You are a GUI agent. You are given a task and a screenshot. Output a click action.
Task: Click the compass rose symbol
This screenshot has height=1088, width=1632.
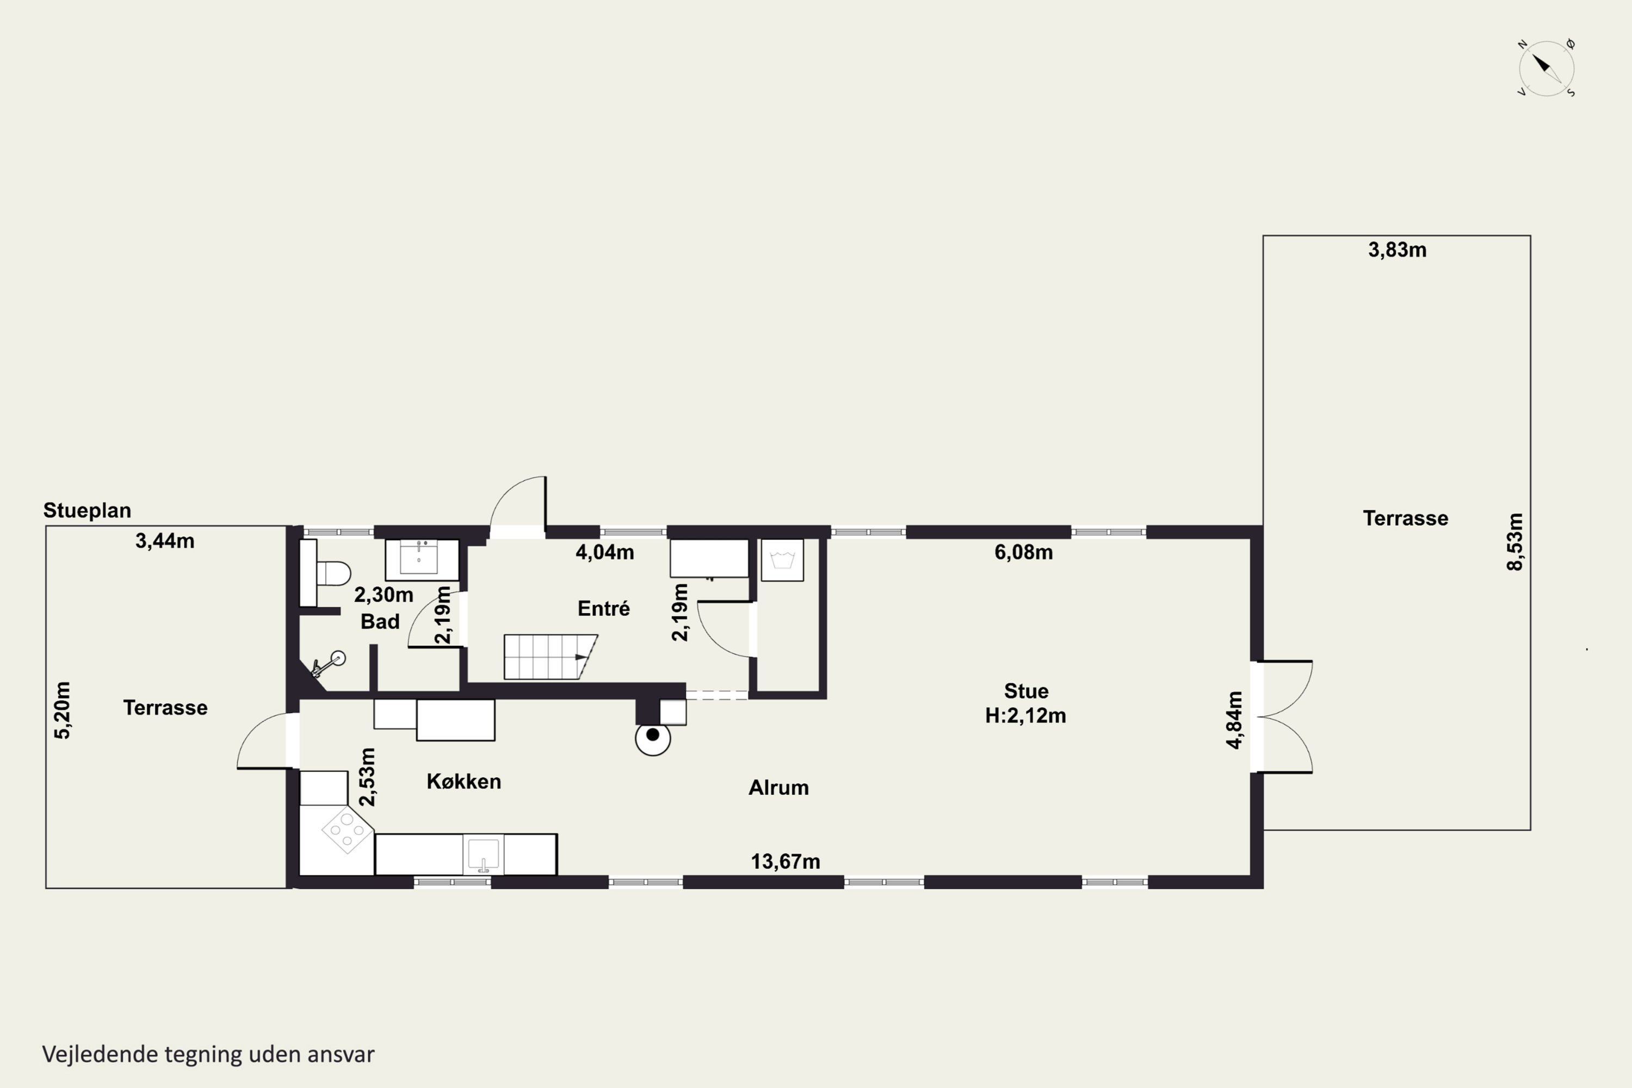click(1547, 68)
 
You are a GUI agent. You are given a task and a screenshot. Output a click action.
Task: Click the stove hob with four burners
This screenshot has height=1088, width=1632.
click(347, 829)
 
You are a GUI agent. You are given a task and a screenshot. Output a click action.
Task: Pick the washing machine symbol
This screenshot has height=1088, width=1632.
click(782, 560)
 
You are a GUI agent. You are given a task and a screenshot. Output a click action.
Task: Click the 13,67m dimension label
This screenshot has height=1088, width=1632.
click(785, 861)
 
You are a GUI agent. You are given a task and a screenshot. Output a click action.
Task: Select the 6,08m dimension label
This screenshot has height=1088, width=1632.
click(1023, 552)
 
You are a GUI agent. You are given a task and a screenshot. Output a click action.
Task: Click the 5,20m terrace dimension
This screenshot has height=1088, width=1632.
click(63, 710)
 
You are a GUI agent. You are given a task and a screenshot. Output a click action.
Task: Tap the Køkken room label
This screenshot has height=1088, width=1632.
click(463, 781)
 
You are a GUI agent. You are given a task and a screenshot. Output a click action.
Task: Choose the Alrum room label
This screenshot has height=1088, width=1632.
click(778, 788)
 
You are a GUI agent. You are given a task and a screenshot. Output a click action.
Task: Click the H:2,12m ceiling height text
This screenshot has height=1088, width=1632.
click(1025, 715)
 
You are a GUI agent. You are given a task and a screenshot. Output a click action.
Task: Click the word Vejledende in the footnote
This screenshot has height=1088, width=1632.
click(100, 1054)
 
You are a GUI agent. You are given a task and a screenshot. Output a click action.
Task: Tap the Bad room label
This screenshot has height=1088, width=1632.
click(380, 621)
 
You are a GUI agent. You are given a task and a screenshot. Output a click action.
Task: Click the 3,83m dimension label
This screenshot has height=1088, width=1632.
click(1398, 250)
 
